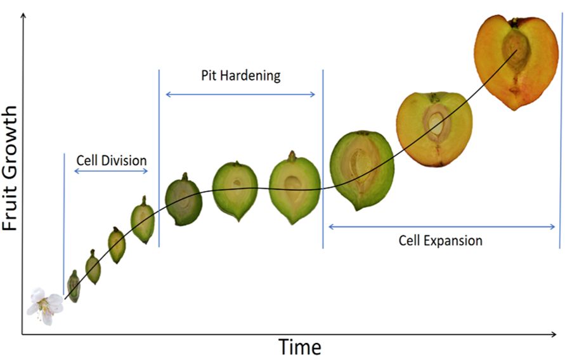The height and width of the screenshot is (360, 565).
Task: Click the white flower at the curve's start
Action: [45, 305]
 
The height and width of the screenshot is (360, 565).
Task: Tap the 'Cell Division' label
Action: [111, 160]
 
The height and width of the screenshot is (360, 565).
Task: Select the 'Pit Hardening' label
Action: [240, 76]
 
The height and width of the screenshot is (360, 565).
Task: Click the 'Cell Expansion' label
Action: [440, 241]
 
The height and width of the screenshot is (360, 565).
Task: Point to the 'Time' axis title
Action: [299, 347]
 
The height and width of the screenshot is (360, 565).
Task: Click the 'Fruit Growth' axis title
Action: [11, 167]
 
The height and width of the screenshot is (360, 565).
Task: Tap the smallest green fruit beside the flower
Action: [74, 286]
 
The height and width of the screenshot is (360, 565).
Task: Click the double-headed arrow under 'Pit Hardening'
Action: [240, 94]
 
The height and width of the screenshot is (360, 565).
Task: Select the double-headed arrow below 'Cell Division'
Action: [111, 171]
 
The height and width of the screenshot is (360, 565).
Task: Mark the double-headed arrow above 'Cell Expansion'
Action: [441, 227]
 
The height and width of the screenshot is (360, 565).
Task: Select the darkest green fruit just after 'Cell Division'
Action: [184, 200]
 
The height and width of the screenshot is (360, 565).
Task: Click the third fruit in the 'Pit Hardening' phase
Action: [294, 187]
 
